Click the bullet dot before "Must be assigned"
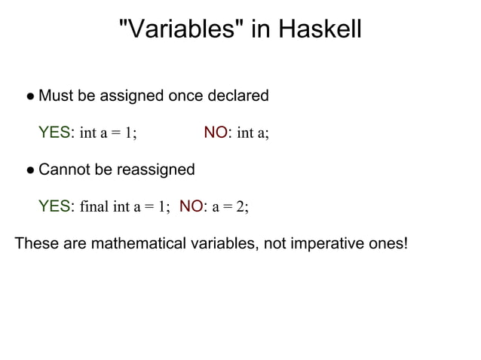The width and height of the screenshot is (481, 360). pyautogui.click(x=29, y=97)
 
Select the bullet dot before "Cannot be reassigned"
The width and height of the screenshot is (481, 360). pyautogui.click(x=29, y=170)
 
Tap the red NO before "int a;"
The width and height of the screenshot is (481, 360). pyautogui.click(x=216, y=133)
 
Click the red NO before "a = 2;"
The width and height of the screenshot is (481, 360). pyautogui.click(x=191, y=206)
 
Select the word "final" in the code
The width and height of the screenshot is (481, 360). pyautogui.click(x=93, y=207)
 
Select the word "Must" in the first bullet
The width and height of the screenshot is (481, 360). pyautogui.click(x=54, y=96)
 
